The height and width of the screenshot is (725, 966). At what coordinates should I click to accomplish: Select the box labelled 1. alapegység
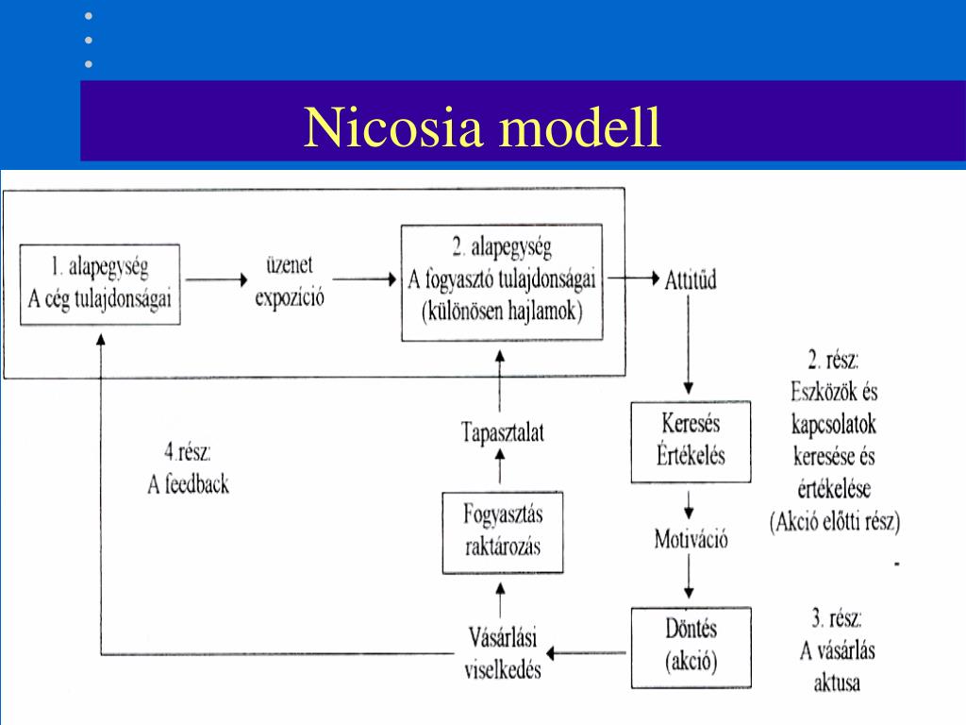tap(100, 284)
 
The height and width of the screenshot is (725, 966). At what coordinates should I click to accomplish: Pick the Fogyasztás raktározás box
tap(503, 531)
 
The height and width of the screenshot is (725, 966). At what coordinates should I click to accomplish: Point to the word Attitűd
tap(690, 280)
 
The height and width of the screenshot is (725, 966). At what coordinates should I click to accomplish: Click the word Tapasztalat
tap(502, 432)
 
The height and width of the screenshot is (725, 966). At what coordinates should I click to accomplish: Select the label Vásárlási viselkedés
tap(503, 652)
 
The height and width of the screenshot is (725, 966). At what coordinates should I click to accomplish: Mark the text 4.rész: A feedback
tap(188, 469)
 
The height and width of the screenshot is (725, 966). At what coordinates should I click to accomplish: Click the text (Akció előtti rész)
tap(835, 520)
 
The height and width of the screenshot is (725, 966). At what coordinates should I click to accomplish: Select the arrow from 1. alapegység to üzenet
tap(218, 279)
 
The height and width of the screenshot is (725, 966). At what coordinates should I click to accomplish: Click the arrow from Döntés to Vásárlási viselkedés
tap(589, 651)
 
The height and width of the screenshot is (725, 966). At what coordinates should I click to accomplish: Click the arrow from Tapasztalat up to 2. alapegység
tap(501, 379)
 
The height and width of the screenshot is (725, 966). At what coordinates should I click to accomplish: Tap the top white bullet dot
tap(90, 17)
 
